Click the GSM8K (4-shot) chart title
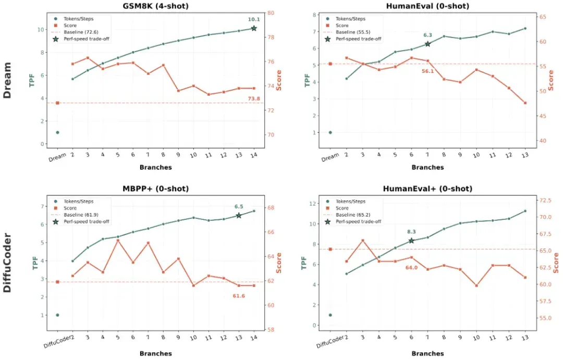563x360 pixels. pyautogui.click(x=155, y=6)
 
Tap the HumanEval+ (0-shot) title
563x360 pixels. pyautogui.click(x=427, y=189)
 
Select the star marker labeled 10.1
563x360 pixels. pyautogui.click(x=254, y=28)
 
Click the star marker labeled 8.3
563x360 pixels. pyautogui.click(x=411, y=241)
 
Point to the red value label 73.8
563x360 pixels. pyautogui.click(x=254, y=98)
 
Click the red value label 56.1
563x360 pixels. pyautogui.click(x=427, y=71)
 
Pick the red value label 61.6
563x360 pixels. pyautogui.click(x=239, y=296)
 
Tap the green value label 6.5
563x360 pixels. pyautogui.click(x=239, y=206)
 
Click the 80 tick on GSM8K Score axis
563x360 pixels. pyautogui.click(x=271, y=13)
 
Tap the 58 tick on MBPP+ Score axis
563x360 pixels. pyautogui.click(x=271, y=329)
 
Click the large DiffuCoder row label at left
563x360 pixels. pyautogui.click(x=7, y=263)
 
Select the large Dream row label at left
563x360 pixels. pyautogui.click(x=7, y=80)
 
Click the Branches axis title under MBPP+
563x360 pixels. pyautogui.click(x=155, y=354)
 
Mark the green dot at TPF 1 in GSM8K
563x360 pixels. pyautogui.click(x=57, y=132)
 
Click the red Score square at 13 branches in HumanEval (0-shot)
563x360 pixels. pyautogui.click(x=525, y=103)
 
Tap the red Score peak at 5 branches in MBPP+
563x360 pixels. pyautogui.click(x=118, y=241)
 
